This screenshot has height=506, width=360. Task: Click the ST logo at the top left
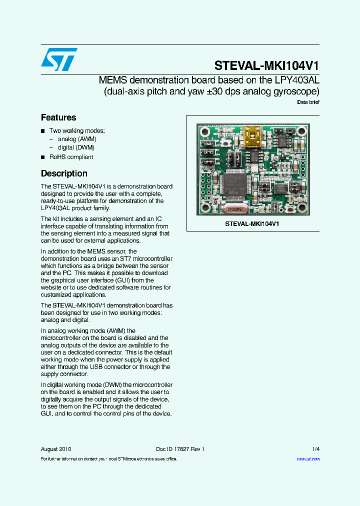click(x=59, y=59)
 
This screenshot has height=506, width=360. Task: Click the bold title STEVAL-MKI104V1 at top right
click(x=266, y=66)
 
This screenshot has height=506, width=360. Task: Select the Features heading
click(x=58, y=117)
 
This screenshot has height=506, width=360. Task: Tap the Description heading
click(x=64, y=173)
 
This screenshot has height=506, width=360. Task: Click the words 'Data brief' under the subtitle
click(x=308, y=102)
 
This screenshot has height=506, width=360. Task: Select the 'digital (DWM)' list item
click(x=76, y=147)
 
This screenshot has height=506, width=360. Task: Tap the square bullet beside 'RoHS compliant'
click(x=43, y=157)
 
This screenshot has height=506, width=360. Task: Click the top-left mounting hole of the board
click(x=205, y=131)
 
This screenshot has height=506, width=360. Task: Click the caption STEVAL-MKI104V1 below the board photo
click(x=252, y=224)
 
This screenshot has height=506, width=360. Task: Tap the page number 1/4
click(x=315, y=449)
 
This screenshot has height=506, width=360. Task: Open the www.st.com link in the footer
click(x=308, y=458)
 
